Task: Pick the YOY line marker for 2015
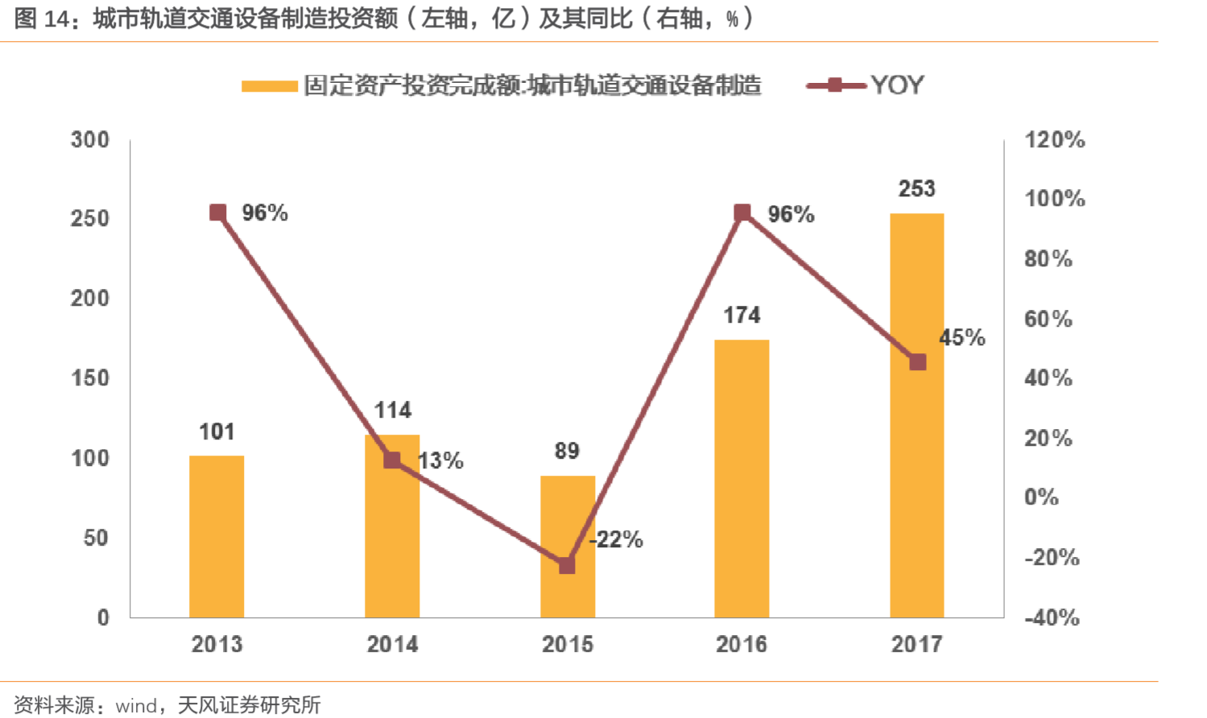click(x=567, y=565)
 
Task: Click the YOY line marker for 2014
click(x=392, y=460)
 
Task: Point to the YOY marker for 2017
click(x=917, y=362)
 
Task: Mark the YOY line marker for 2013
click(x=217, y=213)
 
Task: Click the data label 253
click(x=916, y=189)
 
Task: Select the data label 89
click(x=567, y=451)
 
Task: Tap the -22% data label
click(x=617, y=539)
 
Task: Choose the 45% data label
click(x=962, y=337)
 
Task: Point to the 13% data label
click(x=441, y=461)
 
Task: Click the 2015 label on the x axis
click(x=567, y=644)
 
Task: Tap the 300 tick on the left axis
click(x=90, y=140)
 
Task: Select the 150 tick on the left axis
click(x=90, y=378)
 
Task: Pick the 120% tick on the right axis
click(x=1054, y=140)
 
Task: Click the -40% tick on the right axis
click(x=1052, y=617)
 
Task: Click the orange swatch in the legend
click(x=270, y=86)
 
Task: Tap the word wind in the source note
click(x=137, y=706)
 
